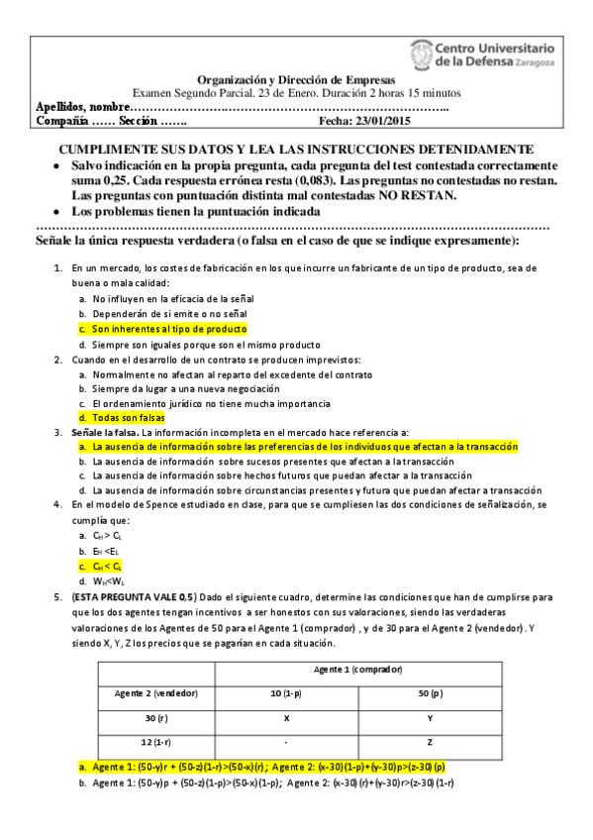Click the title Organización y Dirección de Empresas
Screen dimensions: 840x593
[296, 79]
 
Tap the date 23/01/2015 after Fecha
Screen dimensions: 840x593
[351, 121]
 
